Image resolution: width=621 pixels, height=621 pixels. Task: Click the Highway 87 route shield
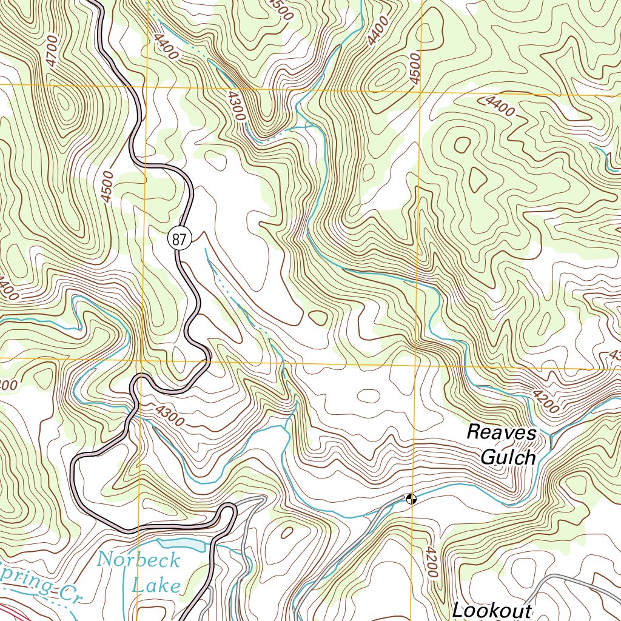tap(180, 239)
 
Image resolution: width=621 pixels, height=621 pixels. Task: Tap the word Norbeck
tap(139, 559)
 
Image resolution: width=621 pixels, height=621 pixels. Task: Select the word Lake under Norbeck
tap(156, 585)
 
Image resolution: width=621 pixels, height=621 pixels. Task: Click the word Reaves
tap(502, 433)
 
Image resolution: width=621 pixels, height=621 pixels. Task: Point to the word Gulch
tap(508, 457)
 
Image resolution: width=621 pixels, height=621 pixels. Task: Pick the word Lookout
tap(492, 611)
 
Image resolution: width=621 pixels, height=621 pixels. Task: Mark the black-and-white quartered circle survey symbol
tap(411, 499)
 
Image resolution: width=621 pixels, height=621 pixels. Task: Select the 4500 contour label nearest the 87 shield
tap(107, 187)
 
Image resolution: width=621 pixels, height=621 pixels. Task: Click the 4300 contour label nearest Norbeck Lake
tap(169, 416)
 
